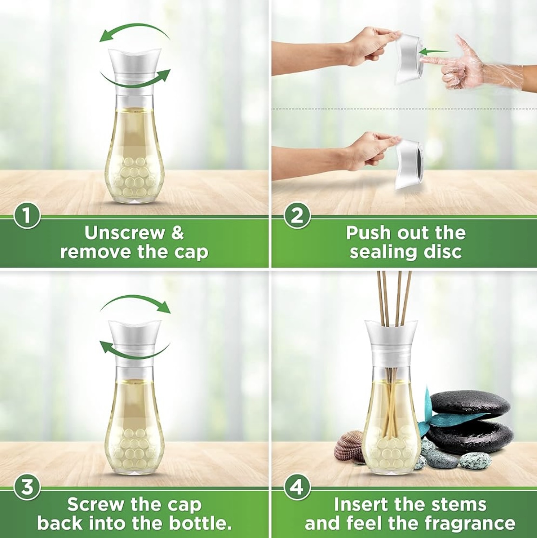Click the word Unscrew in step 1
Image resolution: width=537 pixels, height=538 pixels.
point(124,233)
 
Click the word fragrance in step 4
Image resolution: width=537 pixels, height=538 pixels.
point(470,524)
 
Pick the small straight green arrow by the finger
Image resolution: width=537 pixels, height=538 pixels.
point(434,52)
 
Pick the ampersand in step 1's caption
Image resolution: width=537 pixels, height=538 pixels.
point(177,233)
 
